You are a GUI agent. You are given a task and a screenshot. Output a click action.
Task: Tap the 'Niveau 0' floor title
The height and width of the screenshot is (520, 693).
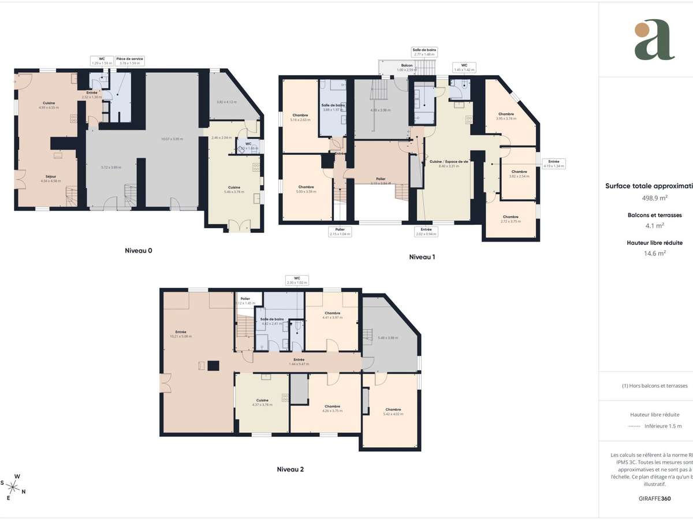pos(139,251)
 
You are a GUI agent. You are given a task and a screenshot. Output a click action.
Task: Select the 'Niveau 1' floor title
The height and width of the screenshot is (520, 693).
pos(422,257)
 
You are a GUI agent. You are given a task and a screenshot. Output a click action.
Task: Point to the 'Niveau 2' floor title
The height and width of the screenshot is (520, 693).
pos(290,469)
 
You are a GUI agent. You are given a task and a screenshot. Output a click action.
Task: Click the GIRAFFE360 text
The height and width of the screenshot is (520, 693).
pos(654,498)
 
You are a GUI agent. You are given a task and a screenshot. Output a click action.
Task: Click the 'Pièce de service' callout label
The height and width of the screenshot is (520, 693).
pos(130,61)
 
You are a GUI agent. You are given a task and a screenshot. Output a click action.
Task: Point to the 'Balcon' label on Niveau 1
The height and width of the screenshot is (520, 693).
pos(407,66)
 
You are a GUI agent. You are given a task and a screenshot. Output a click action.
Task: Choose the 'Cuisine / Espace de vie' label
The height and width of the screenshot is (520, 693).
pos(449,162)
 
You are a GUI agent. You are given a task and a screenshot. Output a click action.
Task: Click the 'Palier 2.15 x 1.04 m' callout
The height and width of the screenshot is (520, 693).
pos(340,232)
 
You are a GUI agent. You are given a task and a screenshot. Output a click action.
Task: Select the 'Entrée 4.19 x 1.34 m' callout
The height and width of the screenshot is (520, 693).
pos(553,163)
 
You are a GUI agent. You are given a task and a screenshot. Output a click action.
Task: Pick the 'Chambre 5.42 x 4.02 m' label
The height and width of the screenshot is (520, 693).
pos(393,411)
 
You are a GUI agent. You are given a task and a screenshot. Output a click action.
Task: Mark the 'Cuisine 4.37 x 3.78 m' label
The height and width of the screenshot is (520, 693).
pos(262,402)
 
